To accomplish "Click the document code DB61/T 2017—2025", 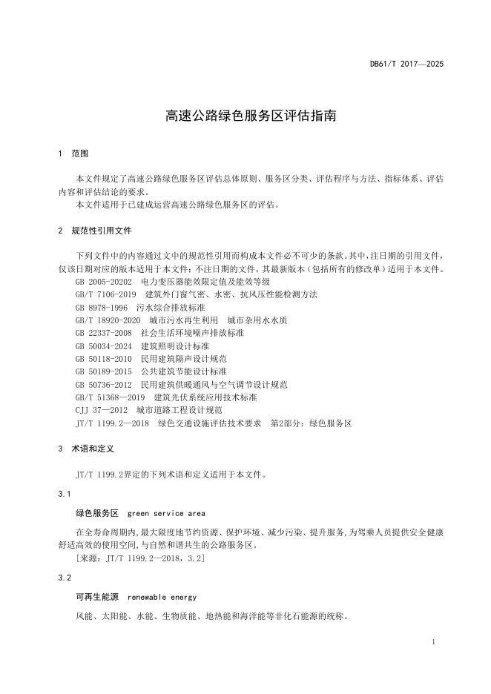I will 406,65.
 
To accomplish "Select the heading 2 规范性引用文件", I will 95,231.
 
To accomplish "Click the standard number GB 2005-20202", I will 103,282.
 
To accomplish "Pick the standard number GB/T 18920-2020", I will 108,320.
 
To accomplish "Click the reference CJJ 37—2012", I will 102,409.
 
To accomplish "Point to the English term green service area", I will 166,512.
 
